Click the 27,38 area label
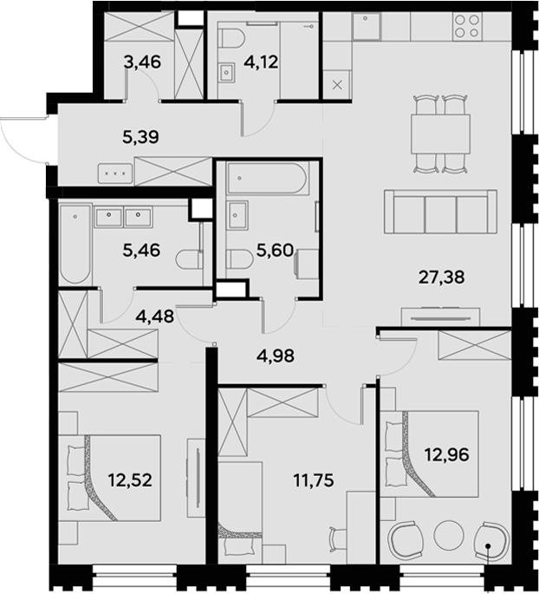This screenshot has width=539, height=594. [x=441, y=277]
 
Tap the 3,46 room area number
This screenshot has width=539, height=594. [x=142, y=62]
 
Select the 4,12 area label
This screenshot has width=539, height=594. [x=261, y=62]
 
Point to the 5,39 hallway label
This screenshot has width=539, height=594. [x=140, y=137]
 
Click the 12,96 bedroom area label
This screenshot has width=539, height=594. [x=446, y=454]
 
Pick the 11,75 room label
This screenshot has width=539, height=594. [x=314, y=480]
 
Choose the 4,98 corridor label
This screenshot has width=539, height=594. [x=276, y=356]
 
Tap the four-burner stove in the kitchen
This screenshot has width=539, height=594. [x=467, y=26]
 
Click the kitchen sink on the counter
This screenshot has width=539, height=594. [x=366, y=26]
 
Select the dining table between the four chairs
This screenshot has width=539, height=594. [x=440, y=134]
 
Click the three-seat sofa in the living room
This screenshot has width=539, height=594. [x=440, y=212]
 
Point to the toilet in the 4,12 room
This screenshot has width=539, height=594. [x=231, y=38]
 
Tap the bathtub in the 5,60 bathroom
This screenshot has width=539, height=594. [x=268, y=178]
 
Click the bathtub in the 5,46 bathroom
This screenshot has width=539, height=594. [x=75, y=244]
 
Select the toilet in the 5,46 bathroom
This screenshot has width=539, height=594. [x=189, y=259]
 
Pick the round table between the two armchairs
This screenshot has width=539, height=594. [x=449, y=535]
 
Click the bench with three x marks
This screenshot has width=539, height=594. [x=115, y=173]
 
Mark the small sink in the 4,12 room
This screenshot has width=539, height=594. [x=227, y=71]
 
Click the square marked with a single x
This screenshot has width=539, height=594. [x=337, y=85]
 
